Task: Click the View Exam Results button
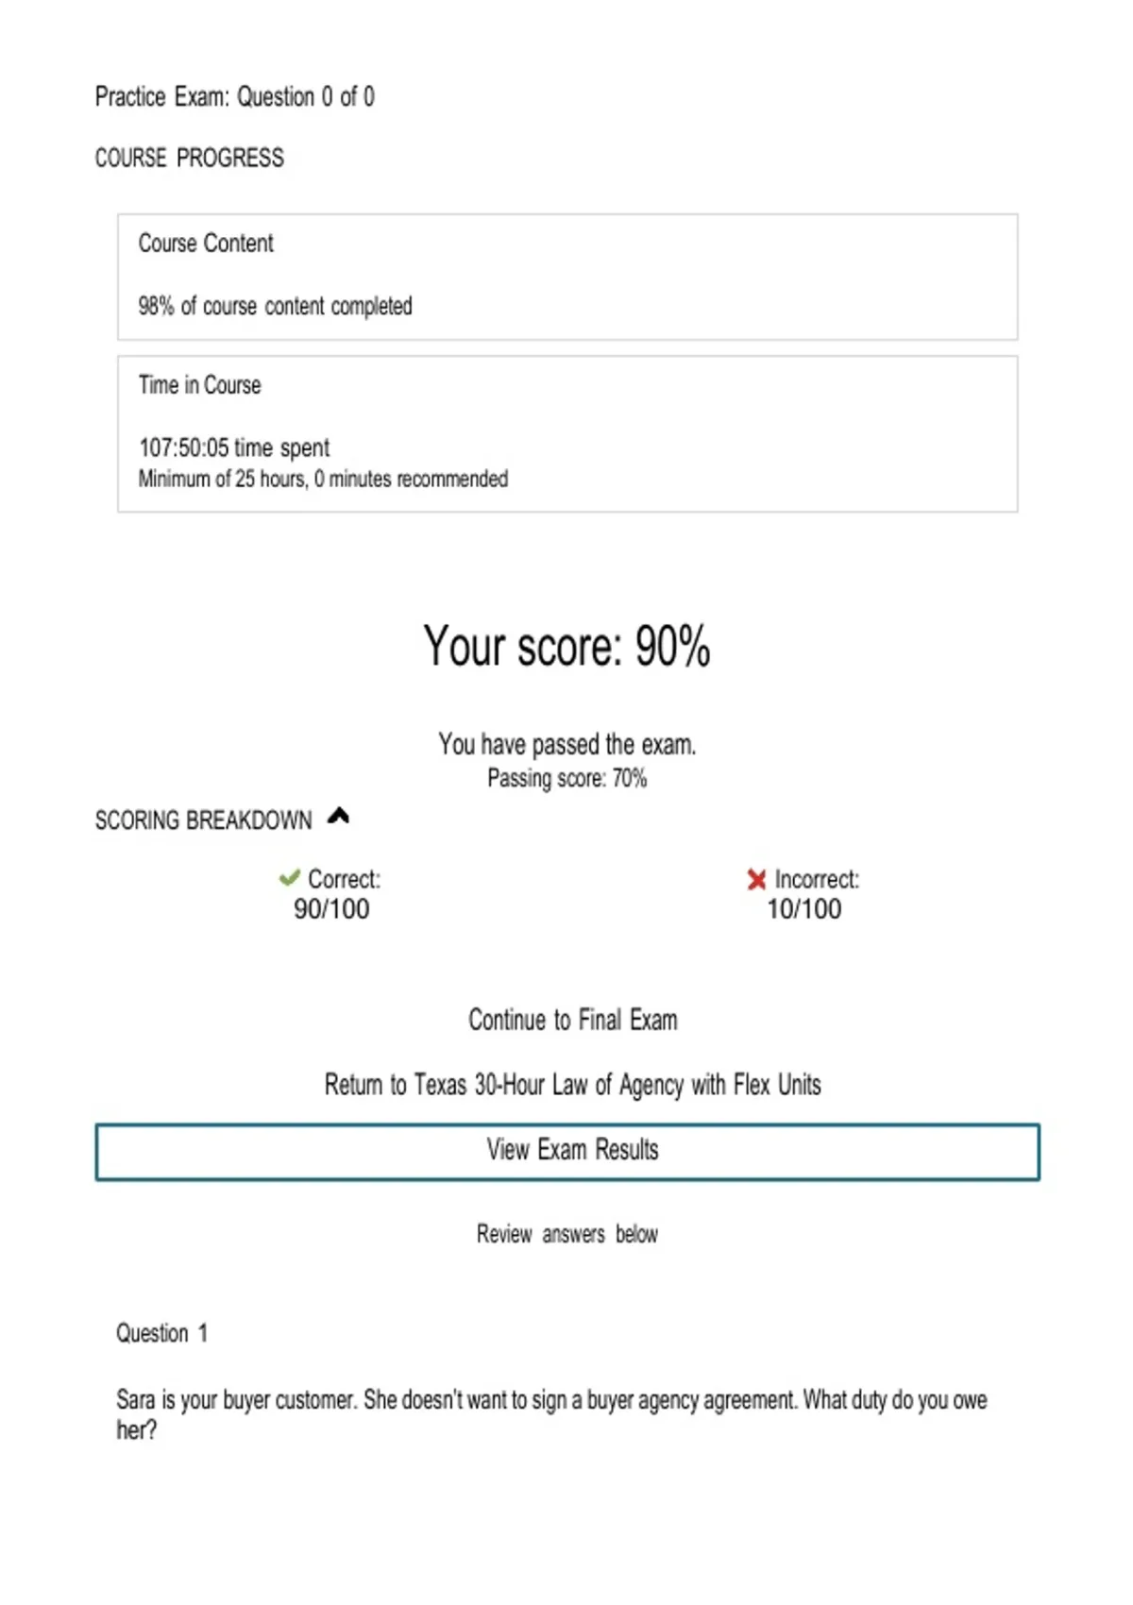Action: (x=567, y=1151)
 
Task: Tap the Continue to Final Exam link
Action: (x=572, y=1021)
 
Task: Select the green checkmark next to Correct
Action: (x=289, y=879)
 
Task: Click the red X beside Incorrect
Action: (x=756, y=880)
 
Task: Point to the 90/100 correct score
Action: (x=331, y=909)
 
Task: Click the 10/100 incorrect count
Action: (x=803, y=909)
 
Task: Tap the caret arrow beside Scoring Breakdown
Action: (x=338, y=817)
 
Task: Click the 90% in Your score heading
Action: (x=672, y=648)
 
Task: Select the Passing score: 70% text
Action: (x=566, y=779)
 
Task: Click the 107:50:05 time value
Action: (x=183, y=448)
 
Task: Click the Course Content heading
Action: (x=206, y=244)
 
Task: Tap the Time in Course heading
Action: (x=199, y=385)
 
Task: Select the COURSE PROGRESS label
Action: (x=189, y=158)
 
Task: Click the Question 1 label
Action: (x=161, y=1333)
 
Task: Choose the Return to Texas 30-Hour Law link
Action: (x=572, y=1085)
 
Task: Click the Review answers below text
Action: (x=566, y=1234)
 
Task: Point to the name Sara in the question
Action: (x=135, y=1400)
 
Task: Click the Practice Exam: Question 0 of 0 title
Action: (x=234, y=97)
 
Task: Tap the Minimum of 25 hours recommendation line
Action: (x=323, y=480)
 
